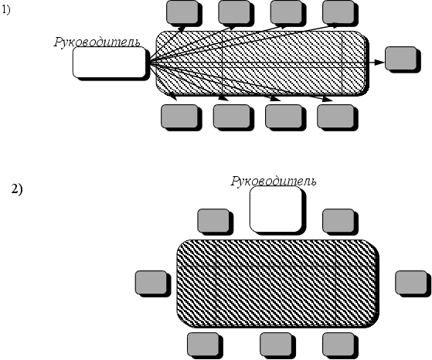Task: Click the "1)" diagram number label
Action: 6,10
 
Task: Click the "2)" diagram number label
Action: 17,189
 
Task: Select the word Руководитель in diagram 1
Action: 97,42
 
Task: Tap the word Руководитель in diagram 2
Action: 274,181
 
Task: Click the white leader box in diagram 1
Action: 110,62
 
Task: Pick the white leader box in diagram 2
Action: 276,209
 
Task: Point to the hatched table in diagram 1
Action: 262,63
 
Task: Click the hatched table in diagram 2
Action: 277,283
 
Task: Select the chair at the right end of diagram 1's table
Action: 401,59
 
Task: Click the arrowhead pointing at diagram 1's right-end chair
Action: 380,63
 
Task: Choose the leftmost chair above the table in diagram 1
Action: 182,12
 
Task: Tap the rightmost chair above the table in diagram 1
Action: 338,12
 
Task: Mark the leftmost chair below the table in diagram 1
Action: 179,116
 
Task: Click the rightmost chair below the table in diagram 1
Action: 335,116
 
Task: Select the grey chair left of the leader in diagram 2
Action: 213,220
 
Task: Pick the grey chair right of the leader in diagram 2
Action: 338,220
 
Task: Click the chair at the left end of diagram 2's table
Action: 151,282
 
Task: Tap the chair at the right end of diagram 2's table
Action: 411,282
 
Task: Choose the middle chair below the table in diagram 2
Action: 276,345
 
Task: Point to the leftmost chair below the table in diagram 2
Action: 203,345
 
